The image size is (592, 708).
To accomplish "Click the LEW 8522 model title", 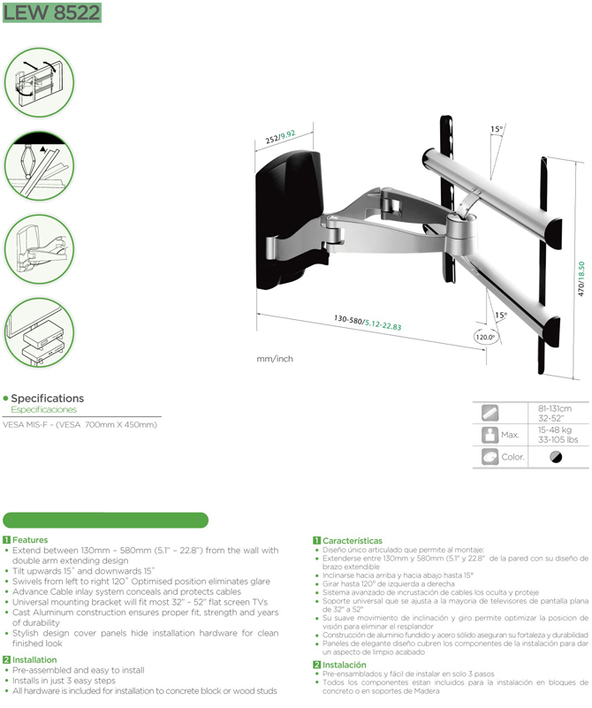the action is (52, 12).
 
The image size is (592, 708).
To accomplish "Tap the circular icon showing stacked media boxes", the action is (39, 332).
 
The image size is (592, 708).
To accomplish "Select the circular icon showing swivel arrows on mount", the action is (39, 82).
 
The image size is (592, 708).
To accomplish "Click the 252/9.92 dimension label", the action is (280, 137).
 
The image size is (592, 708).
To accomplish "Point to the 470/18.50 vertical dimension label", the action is (581, 279).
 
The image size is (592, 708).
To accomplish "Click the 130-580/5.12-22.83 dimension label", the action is (368, 323).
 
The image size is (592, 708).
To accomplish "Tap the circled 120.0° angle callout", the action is (485, 337).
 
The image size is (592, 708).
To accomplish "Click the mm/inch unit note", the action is (275, 359).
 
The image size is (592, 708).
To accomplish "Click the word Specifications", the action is (48, 399).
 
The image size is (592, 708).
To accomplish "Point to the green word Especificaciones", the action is (44, 409).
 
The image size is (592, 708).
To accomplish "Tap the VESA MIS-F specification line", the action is (80, 424).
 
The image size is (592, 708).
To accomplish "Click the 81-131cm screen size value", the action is (555, 408).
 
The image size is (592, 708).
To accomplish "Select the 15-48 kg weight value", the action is (555, 430).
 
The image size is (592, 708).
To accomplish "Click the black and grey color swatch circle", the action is (556, 457).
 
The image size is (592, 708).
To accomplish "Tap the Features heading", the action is (30, 539).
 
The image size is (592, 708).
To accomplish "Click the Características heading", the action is (353, 540).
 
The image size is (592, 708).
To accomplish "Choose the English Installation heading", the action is (34, 659).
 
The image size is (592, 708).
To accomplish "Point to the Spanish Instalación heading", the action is (345, 665).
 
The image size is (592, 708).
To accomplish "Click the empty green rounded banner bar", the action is (105, 520).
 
